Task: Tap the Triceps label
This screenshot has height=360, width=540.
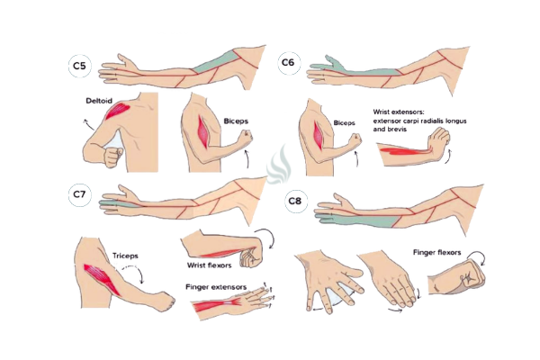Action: coord(125,256)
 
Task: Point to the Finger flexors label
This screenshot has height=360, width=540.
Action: coord(437,253)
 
